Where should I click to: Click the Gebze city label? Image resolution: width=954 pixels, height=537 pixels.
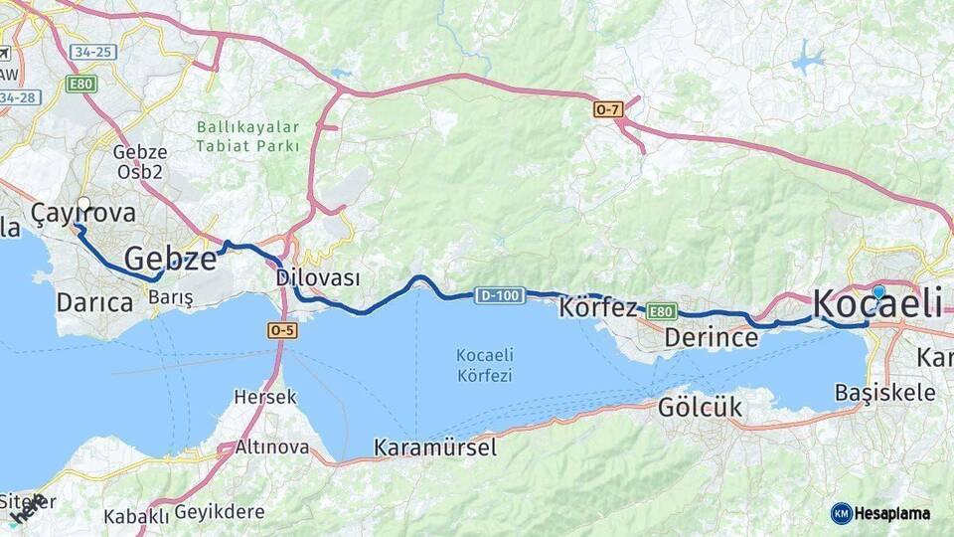(x=170, y=259)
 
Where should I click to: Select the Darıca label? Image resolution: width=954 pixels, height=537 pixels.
(x=95, y=301)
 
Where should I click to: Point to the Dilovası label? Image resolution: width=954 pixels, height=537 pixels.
(x=318, y=278)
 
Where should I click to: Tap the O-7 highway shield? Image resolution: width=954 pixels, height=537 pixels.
(x=608, y=109)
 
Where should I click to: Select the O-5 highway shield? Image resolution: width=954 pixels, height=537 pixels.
(x=282, y=330)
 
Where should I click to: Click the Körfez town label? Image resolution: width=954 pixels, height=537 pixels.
(x=598, y=307)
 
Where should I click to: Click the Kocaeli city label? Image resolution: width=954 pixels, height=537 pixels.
(x=877, y=305)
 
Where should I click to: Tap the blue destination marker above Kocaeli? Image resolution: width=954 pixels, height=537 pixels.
(x=878, y=292)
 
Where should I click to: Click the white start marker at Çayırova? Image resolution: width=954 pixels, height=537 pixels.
(x=83, y=204)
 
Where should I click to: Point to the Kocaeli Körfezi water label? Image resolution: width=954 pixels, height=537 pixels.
(x=484, y=365)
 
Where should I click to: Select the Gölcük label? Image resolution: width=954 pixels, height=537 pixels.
(x=700, y=407)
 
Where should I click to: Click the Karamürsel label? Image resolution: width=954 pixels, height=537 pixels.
(x=435, y=448)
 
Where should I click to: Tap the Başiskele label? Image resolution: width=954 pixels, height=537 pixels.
(x=885, y=392)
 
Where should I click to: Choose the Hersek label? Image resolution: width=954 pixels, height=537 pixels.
(x=265, y=397)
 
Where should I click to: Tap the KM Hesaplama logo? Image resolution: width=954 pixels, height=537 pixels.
(x=880, y=513)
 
